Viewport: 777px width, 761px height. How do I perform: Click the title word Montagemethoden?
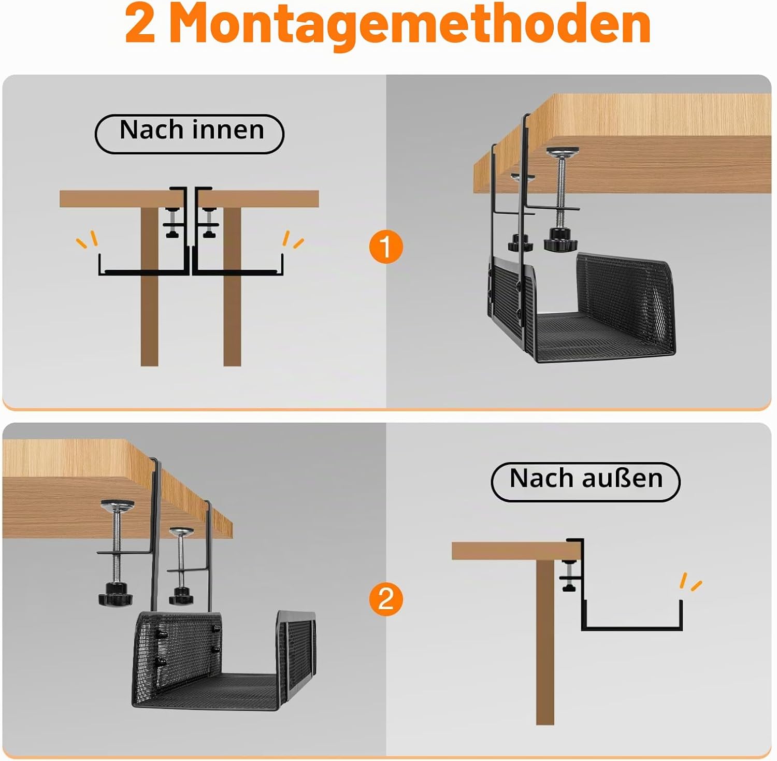(x=410, y=24)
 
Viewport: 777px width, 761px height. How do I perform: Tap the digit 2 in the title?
(x=140, y=24)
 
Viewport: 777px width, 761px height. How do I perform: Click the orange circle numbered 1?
(x=386, y=247)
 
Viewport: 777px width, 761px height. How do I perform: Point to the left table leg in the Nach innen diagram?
(x=149, y=286)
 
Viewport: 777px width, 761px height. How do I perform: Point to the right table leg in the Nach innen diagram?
(x=232, y=286)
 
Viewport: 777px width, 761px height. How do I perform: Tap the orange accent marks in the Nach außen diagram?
(x=690, y=582)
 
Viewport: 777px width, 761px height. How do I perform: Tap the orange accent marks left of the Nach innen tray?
(x=87, y=240)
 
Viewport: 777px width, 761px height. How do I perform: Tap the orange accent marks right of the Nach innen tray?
(x=293, y=239)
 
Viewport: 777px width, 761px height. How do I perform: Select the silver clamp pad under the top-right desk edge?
(x=562, y=152)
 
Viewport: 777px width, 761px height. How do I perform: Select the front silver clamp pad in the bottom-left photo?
(x=118, y=505)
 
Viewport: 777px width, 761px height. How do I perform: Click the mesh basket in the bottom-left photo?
(x=224, y=661)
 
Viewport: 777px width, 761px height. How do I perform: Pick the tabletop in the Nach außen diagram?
(x=516, y=551)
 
